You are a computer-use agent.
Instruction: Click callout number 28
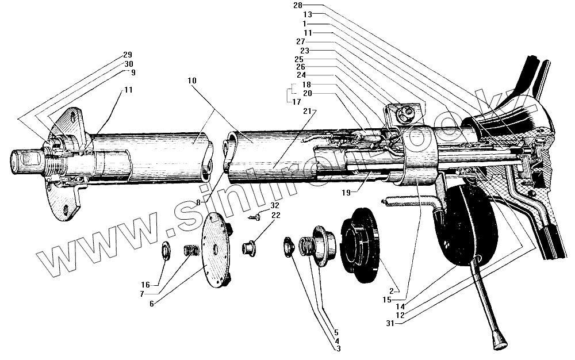[x=297, y=5]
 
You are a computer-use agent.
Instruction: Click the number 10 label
[x=191, y=81]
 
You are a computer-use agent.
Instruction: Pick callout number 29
[x=128, y=55]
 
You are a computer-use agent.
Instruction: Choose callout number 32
[x=274, y=205]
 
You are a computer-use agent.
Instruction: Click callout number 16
[x=145, y=285]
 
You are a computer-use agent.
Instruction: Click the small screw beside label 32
[x=254, y=217]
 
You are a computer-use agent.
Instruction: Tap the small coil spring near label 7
[x=189, y=251]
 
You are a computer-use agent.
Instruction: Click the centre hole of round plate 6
[x=214, y=251]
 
